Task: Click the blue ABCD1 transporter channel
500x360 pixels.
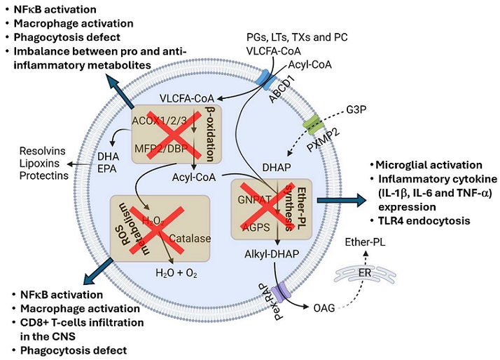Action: coord(267,80)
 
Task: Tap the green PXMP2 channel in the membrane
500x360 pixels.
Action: coord(312,125)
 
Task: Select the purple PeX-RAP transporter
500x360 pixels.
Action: coord(282,292)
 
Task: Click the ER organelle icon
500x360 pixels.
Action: coord(365,274)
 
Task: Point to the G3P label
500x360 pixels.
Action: coord(356,109)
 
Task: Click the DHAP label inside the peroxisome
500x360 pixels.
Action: coord(277,168)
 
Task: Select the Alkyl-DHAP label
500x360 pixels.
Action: coord(272,254)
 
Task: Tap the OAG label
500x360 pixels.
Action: coord(324,308)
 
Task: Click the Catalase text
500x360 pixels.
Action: coord(190,239)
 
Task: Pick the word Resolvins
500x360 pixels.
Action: coord(43,151)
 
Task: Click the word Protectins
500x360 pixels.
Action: coord(44,175)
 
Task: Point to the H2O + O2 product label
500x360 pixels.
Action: coord(176,273)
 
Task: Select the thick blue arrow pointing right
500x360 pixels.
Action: coord(342,200)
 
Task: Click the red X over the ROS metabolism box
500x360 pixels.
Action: coord(157,231)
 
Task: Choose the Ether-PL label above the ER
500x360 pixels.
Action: coord(365,242)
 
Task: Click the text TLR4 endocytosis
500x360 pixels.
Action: coord(424,221)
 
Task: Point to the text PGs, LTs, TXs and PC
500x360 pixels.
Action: coord(297,37)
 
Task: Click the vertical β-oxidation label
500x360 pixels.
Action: coord(210,134)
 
